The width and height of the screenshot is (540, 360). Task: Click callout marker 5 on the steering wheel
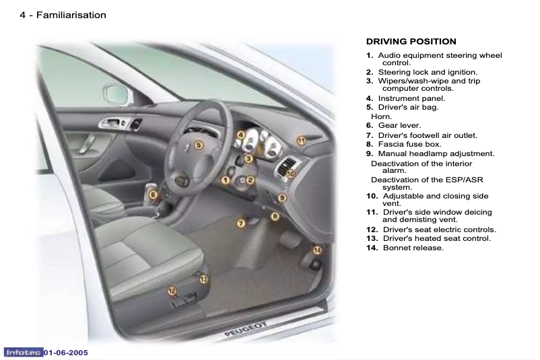pos(199,145)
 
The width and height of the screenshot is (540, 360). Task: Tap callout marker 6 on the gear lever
pos(154,195)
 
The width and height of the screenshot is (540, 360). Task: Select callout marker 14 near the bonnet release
pos(317,250)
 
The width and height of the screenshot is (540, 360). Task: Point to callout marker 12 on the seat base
pos(172,291)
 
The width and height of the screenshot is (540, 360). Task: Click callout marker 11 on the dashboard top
pos(302,140)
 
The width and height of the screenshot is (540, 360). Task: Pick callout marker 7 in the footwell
pos(240,223)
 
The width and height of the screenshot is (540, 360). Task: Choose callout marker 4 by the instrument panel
pos(240,135)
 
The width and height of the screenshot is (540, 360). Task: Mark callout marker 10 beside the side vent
pos(291,174)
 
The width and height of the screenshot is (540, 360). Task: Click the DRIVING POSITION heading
pos(411,42)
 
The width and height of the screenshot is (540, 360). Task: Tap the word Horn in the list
pos(382,116)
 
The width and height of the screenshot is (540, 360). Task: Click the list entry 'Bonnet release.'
pos(413,248)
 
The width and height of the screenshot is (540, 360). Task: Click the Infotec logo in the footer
pos(23,353)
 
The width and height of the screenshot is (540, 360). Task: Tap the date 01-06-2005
pos(66,353)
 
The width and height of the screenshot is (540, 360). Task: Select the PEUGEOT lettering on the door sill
pos(246,332)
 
